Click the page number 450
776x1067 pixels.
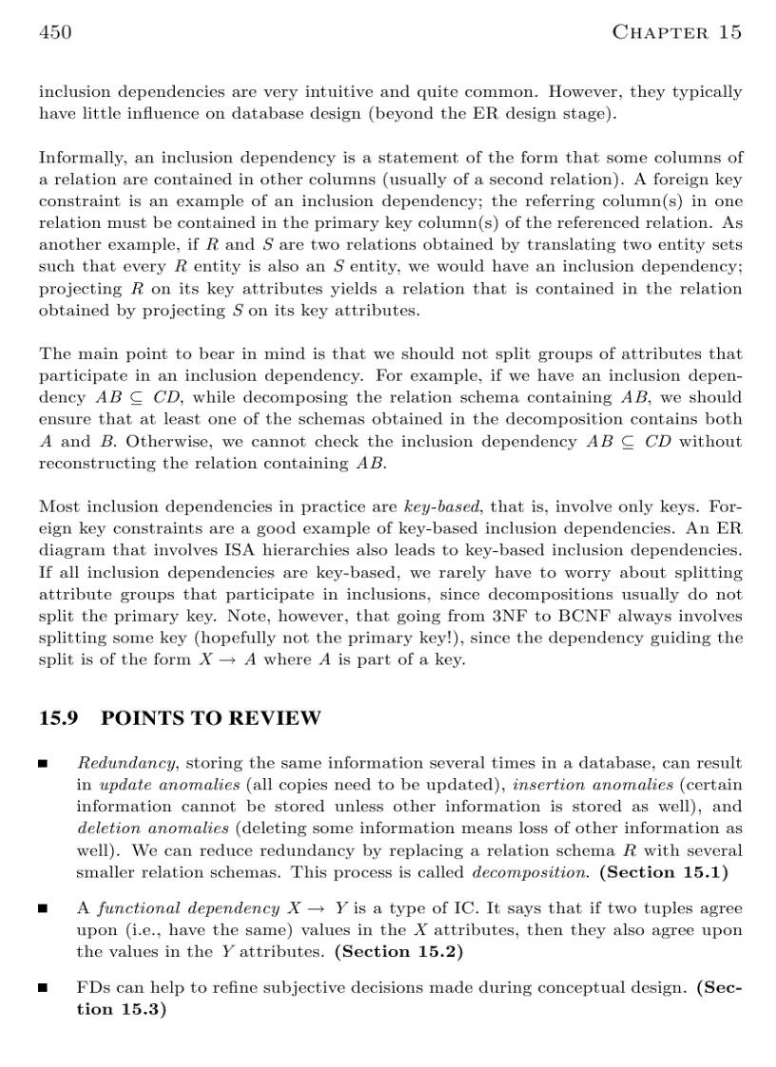point(55,33)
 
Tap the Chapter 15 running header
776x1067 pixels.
point(676,33)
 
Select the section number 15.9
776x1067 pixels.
point(59,718)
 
